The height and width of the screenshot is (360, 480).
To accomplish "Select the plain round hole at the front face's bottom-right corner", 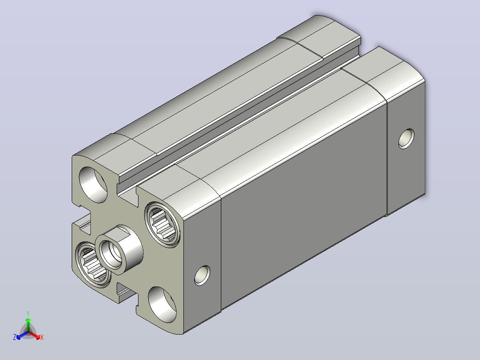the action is point(162,305).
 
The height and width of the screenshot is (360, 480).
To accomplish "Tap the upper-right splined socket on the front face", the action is point(162,224).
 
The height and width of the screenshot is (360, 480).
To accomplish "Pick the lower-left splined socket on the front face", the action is point(93,265).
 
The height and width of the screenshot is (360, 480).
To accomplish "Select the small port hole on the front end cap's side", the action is point(202,275).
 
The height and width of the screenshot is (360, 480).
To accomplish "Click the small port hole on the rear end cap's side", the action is point(407,139).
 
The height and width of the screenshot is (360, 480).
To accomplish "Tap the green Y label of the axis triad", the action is point(28,313).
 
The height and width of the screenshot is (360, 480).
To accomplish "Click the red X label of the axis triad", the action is point(42,337).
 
